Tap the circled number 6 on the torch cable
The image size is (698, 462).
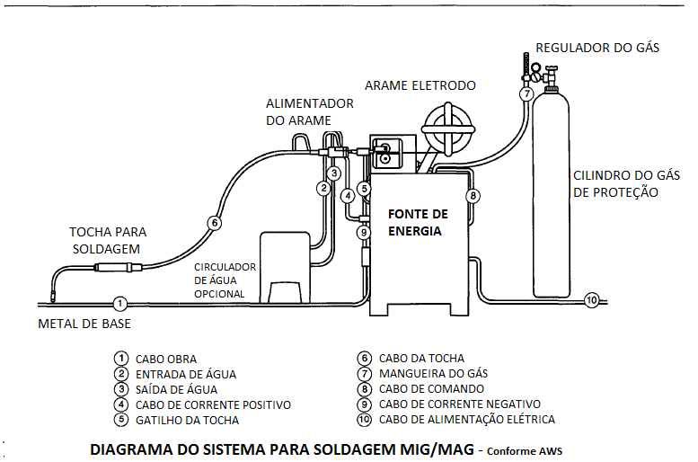click(x=213, y=223)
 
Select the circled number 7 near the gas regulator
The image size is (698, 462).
click(x=526, y=93)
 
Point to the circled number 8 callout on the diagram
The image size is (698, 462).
click(x=473, y=195)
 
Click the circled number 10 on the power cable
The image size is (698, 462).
click(x=590, y=300)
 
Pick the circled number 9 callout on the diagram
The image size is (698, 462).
click(x=364, y=232)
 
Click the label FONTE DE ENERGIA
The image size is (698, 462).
click(x=417, y=222)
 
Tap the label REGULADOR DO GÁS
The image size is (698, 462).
click(x=597, y=48)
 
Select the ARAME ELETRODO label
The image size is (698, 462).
click(x=420, y=85)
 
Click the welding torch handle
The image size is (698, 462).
click(x=115, y=268)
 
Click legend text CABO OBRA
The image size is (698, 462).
click(x=166, y=359)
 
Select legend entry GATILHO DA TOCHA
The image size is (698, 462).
click(x=188, y=420)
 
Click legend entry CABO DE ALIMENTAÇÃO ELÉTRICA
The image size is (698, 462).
click(x=467, y=419)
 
